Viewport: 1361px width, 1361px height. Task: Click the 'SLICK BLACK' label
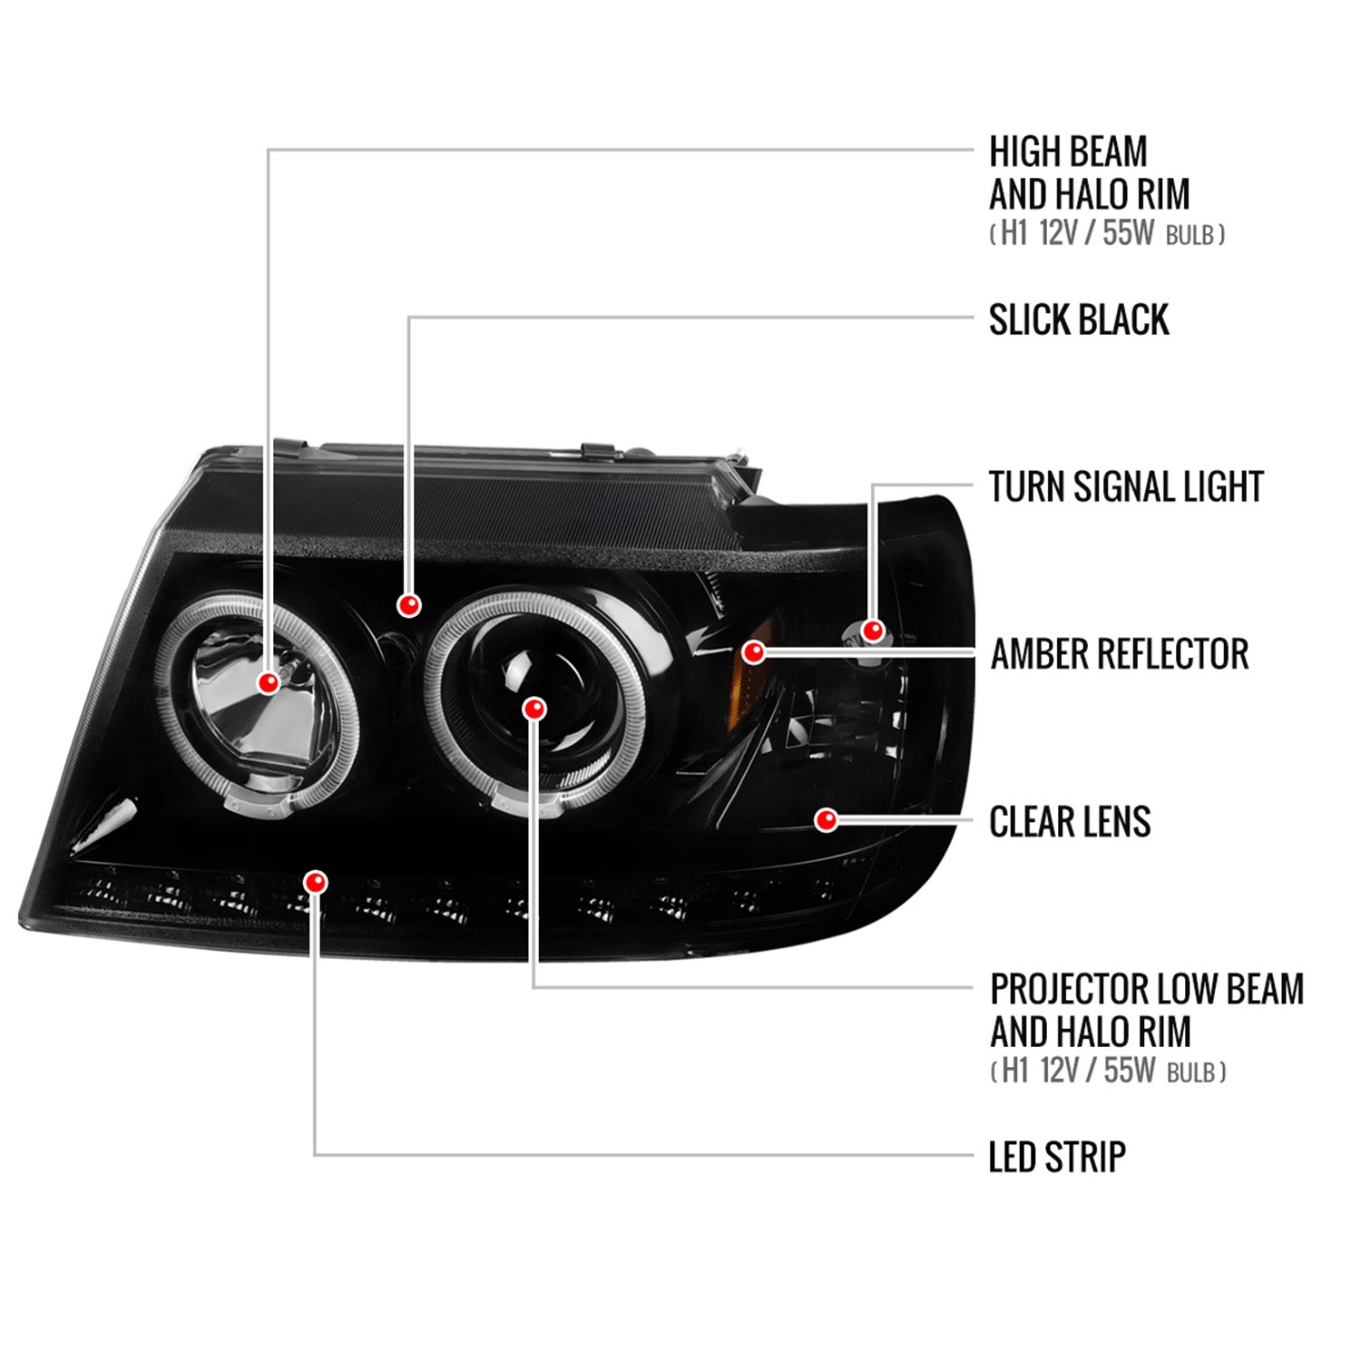tap(1078, 320)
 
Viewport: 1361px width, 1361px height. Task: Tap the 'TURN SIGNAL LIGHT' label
tap(1125, 487)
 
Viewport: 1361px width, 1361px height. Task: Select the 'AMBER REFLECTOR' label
tap(1119, 654)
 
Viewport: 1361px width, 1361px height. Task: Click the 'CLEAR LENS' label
tap(1069, 822)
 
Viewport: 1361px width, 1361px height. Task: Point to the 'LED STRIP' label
tap(1056, 1157)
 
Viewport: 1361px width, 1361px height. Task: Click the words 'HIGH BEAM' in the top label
tap(1068, 152)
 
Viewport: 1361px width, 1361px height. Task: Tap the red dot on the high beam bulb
tap(269, 682)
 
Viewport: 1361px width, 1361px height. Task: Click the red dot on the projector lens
tap(535, 708)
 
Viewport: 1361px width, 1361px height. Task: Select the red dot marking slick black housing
tap(409, 604)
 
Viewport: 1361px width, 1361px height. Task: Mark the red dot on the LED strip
tap(316, 882)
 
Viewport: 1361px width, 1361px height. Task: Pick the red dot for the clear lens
tap(826, 820)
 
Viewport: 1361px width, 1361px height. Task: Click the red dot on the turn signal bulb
tap(873, 630)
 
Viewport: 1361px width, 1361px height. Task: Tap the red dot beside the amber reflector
tap(753, 651)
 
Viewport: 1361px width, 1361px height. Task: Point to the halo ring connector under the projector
tap(526, 800)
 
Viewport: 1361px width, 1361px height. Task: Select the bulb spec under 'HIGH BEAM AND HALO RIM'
tap(1107, 234)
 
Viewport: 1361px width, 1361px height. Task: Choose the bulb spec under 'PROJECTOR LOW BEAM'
tap(1108, 1072)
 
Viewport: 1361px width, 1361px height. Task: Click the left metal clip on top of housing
tap(289, 447)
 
